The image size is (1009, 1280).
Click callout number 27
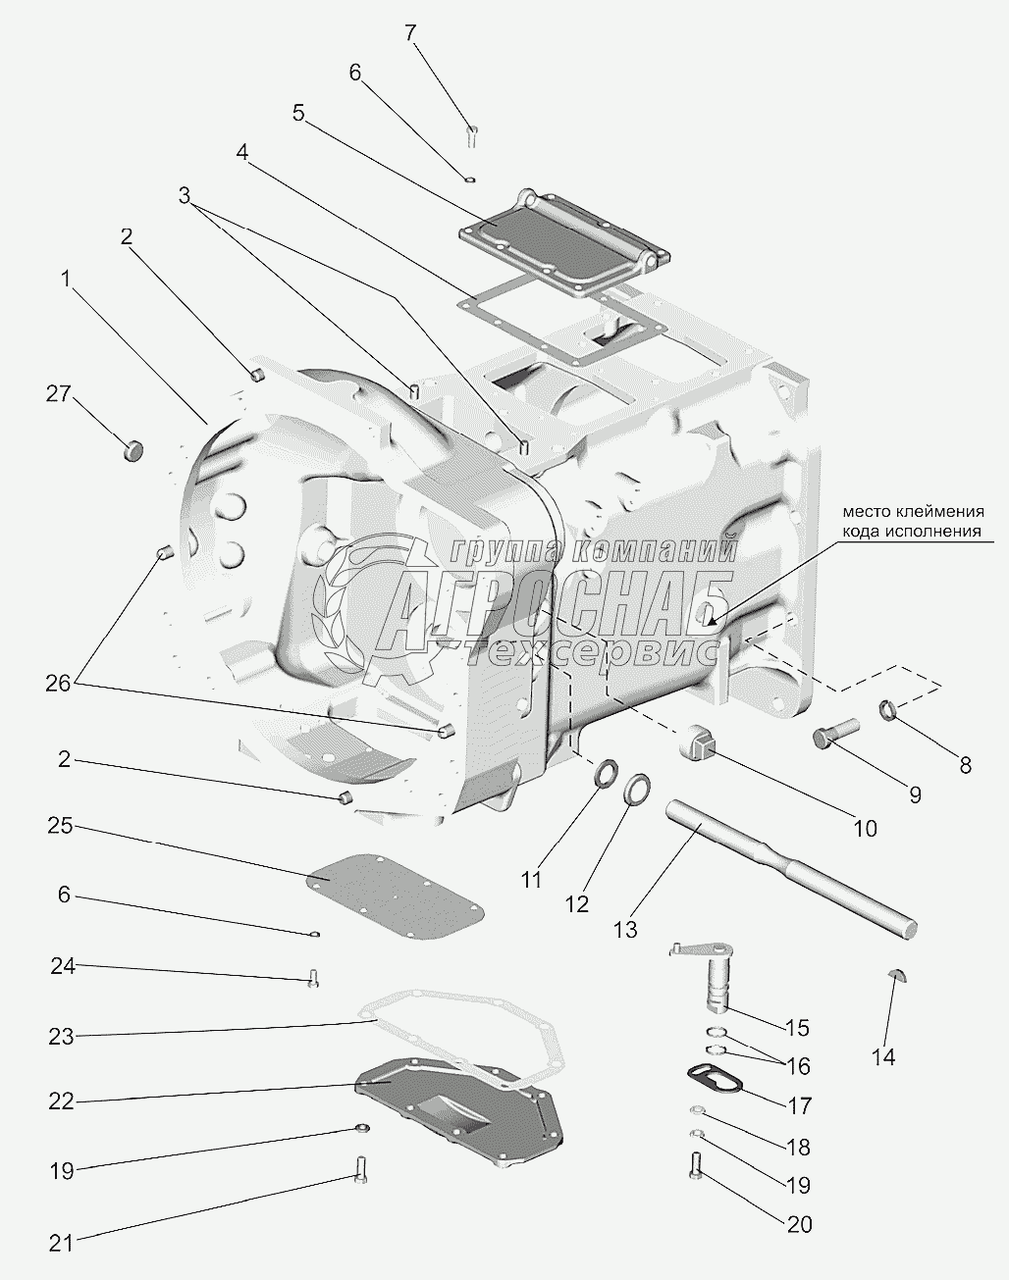click(58, 394)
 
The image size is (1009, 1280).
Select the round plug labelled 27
click(133, 450)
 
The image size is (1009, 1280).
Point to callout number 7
click(410, 33)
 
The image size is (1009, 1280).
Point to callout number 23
click(62, 1036)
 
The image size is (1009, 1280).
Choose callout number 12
click(577, 903)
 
